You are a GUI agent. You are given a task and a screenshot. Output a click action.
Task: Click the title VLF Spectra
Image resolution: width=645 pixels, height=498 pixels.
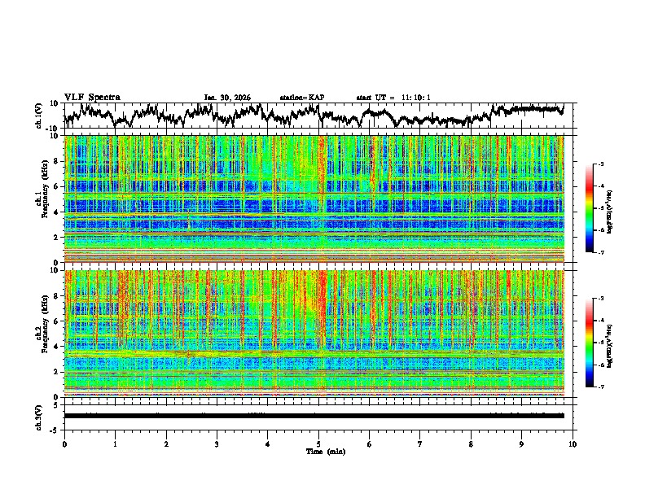pyautogui.click(x=92, y=97)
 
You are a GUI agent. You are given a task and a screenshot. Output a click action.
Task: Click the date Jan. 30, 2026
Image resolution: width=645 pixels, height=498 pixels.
pyautogui.click(x=227, y=98)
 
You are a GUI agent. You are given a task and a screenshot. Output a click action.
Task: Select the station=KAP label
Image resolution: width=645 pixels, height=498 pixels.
pyautogui.click(x=302, y=98)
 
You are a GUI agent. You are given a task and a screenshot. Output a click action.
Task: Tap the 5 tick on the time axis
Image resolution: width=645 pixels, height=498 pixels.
pyautogui.click(x=318, y=443)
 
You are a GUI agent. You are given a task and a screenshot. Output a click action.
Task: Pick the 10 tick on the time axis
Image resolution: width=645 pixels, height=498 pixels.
pyautogui.click(x=573, y=443)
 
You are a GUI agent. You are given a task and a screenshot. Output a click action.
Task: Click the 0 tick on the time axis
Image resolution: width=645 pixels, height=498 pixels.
pyautogui.click(x=64, y=443)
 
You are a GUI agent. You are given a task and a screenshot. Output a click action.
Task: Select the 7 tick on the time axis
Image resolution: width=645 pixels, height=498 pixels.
pyautogui.click(x=420, y=443)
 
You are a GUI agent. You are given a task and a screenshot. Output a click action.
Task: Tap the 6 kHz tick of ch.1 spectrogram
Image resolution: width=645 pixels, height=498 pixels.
pyautogui.click(x=56, y=186)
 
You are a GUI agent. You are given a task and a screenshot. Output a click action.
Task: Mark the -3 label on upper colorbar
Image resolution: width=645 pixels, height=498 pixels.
pyautogui.click(x=599, y=164)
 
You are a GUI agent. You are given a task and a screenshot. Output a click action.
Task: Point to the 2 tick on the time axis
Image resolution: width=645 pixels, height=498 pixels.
pyautogui.click(x=166, y=443)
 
